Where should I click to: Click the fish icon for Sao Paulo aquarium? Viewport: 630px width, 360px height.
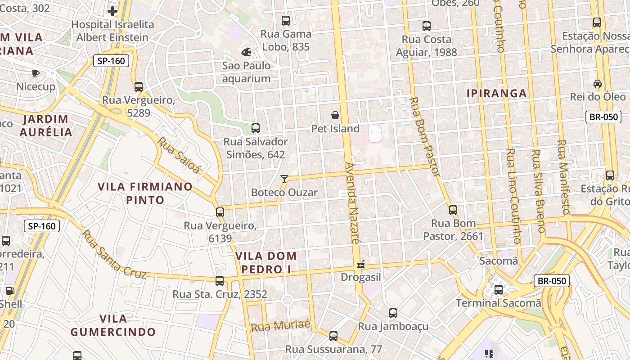coord(246,52)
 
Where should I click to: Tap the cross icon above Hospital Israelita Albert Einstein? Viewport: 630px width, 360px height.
coord(112,11)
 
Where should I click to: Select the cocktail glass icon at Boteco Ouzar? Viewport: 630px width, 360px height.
coord(284,179)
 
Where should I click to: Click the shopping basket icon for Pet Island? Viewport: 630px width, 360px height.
coord(335,115)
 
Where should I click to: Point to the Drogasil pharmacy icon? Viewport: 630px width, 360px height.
coord(360,264)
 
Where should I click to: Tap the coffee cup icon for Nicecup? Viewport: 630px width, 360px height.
coord(36,73)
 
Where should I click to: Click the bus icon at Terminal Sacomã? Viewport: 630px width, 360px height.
coord(498,289)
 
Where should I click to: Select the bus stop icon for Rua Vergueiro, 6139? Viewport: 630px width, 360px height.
coord(220,212)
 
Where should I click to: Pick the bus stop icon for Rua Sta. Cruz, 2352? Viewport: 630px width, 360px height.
coord(220,280)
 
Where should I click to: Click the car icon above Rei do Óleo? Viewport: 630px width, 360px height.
coord(598,83)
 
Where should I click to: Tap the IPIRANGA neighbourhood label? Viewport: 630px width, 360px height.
coord(496,94)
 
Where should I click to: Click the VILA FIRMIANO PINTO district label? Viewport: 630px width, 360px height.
coord(145,193)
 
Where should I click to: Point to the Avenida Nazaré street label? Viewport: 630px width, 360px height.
coord(353,202)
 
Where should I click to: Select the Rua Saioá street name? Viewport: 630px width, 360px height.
coord(179,155)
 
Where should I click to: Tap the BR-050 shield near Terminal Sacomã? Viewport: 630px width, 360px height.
coord(552,281)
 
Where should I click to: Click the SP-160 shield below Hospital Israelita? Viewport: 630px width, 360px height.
coord(111,60)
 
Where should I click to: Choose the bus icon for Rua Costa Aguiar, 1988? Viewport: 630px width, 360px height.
coord(426,26)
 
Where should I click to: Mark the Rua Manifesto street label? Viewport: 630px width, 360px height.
coord(563,177)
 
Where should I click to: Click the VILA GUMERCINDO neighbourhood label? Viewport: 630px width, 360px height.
coord(113,325)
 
